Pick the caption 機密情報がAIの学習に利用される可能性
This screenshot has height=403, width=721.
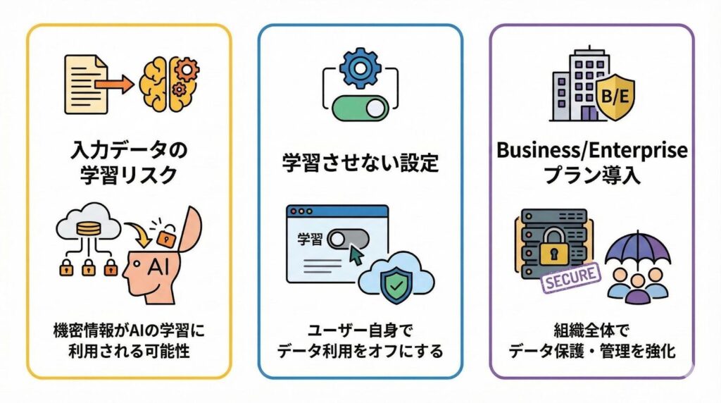click(129, 340)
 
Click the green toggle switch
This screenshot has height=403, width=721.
click(360, 109)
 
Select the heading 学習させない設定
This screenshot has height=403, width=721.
click(360, 163)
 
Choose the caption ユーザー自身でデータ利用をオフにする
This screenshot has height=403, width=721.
click(360, 340)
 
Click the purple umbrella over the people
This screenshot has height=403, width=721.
click(637, 250)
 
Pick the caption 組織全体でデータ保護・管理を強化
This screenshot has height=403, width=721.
click(591, 340)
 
